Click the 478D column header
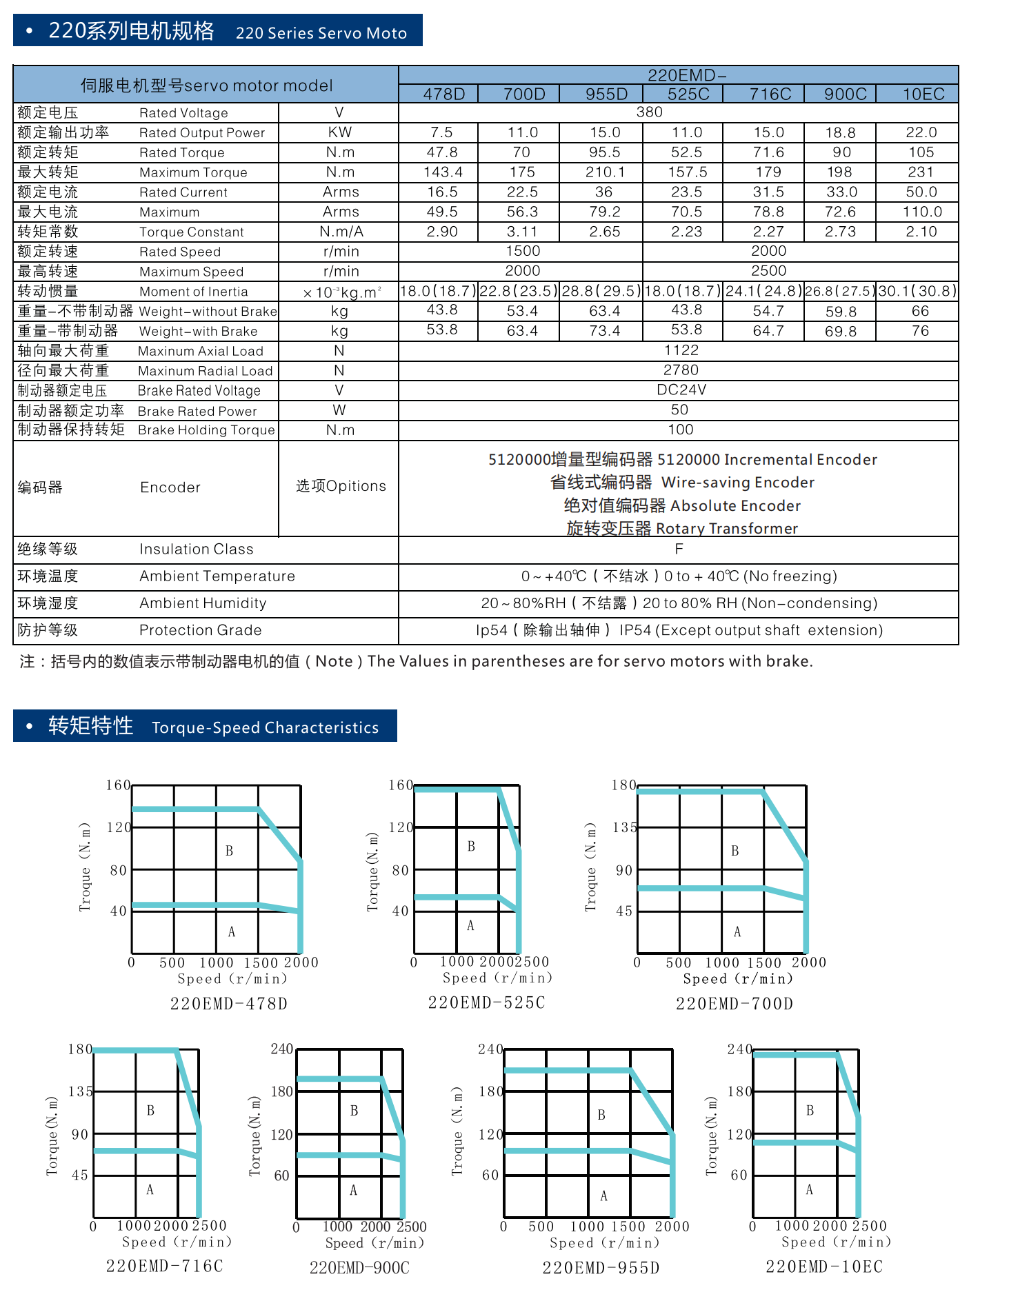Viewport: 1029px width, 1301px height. [x=443, y=94]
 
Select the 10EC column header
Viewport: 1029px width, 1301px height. [x=923, y=94]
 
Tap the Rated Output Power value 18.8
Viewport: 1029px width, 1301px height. [x=840, y=132]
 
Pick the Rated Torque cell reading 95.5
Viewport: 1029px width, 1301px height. [x=604, y=152]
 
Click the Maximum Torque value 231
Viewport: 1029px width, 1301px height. [x=921, y=172]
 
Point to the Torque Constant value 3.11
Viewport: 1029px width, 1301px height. [x=522, y=232]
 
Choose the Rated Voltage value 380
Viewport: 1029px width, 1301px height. [x=649, y=112]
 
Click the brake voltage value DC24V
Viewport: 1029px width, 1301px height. [x=681, y=390]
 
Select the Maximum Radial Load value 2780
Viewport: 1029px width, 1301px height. [x=681, y=370]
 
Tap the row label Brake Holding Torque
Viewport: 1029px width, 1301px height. [x=206, y=430]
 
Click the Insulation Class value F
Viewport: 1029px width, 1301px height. [x=679, y=549]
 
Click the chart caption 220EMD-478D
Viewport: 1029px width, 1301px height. [x=229, y=1004]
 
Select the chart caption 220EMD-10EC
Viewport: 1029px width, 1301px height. [x=824, y=1267]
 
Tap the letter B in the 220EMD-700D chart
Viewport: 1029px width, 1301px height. [x=735, y=851]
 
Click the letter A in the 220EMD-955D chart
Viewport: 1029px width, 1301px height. [x=604, y=1196]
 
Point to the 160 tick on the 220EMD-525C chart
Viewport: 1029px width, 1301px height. [x=400, y=785]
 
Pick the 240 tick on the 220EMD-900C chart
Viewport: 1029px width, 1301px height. [x=282, y=1049]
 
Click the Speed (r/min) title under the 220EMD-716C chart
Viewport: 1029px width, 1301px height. [x=177, y=1242]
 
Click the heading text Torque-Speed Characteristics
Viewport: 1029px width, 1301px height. [x=265, y=728]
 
